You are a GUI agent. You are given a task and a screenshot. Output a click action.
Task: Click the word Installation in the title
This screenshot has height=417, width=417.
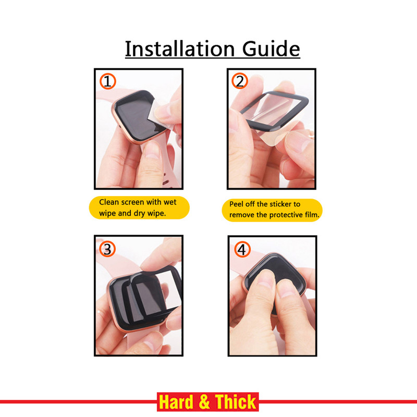(x=180, y=48)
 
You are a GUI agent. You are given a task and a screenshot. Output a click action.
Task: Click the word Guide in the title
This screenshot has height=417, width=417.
(x=271, y=48)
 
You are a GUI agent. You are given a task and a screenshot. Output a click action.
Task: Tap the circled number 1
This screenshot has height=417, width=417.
(x=108, y=81)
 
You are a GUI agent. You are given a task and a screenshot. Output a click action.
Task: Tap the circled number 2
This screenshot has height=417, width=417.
(x=240, y=81)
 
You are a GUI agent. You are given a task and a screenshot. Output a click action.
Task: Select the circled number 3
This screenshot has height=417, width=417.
(x=107, y=249)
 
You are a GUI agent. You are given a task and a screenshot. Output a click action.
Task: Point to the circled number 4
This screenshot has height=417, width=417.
(x=242, y=250)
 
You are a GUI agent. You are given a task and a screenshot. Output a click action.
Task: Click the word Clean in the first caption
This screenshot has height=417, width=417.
(x=109, y=202)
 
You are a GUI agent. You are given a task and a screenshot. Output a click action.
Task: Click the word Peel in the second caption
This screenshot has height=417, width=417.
(x=236, y=204)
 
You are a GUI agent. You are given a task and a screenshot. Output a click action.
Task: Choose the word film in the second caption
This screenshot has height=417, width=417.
(x=312, y=214)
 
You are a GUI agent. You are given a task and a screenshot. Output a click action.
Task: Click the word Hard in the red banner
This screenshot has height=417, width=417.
(x=176, y=402)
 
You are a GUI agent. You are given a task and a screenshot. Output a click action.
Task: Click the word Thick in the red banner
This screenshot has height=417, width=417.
(x=236, y=402)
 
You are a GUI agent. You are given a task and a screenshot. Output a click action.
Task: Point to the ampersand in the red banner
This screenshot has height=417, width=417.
(x=204, y=402)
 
